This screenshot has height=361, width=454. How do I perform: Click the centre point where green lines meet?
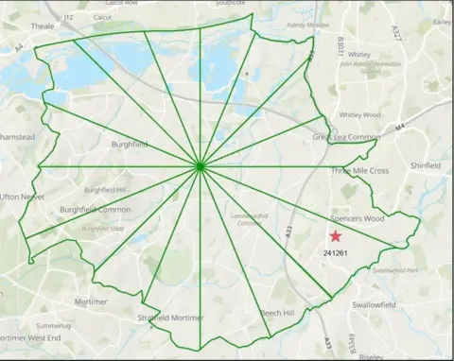[x=201, y=167]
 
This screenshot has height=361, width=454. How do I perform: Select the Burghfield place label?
[x=131, y=146]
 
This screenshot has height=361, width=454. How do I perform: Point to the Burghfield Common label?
[x=95, y=209]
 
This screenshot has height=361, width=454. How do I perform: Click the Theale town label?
[x=43, y=26]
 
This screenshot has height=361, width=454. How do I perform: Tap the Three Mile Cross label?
[x=358, y=171]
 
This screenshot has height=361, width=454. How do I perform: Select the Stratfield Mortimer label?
[x=170, y=318]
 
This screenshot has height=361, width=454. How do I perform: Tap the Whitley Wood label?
[x=358, y=114]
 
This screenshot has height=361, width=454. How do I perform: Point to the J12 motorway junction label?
[x=67, y=17]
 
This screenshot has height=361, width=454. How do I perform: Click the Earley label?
[x=441, y=21]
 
